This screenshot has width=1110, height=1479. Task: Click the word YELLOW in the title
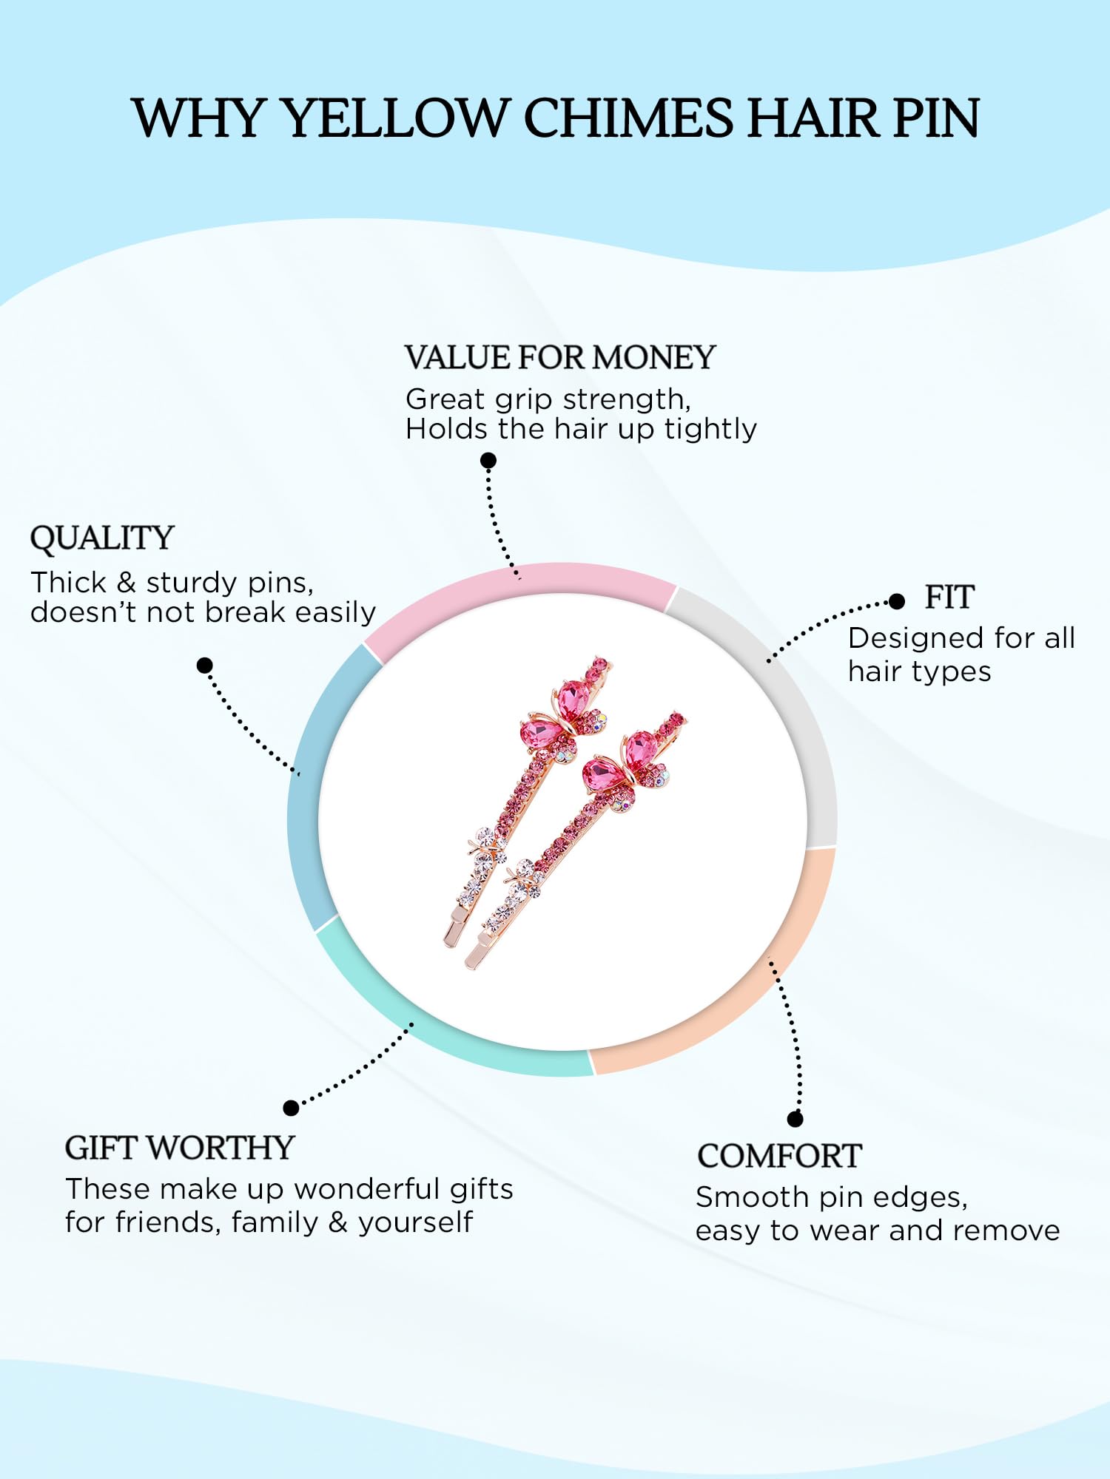[396, 118]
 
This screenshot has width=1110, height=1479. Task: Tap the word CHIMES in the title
[629, 118]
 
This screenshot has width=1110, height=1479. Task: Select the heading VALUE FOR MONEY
[560, 358]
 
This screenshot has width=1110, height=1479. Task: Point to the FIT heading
[949, 598]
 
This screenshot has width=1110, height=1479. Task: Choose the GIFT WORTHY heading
[180, 1148]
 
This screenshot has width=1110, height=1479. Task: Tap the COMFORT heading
[780, 1157]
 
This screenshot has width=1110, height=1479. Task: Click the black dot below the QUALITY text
[205, 666]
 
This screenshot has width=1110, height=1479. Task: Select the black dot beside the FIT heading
[897, 601]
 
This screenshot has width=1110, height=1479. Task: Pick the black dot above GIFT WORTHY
[292, 1108]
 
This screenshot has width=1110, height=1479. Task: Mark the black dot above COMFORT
[795, 1119]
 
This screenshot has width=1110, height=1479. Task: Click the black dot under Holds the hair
[488, 461]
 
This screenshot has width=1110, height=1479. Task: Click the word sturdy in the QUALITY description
[192, 583]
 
